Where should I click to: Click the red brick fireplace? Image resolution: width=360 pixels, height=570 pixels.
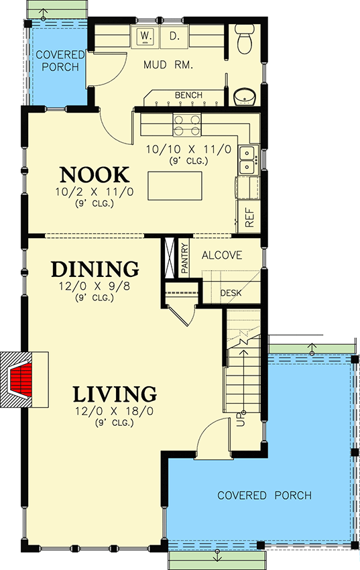click(21, 380)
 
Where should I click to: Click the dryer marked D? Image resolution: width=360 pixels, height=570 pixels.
click(174, 36)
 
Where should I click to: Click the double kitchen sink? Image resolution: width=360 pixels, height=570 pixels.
click(249, 158)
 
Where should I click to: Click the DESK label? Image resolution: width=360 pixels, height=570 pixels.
click(231, 293)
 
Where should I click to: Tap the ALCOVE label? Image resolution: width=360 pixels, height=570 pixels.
click(221, 255)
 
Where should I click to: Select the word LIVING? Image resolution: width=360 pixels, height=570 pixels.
click(115, 393)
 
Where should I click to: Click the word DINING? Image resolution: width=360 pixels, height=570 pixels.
click(95, 269)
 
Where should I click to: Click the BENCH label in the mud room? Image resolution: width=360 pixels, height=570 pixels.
click(188, 96)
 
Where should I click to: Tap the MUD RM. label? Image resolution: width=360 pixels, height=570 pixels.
click(169, 66)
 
